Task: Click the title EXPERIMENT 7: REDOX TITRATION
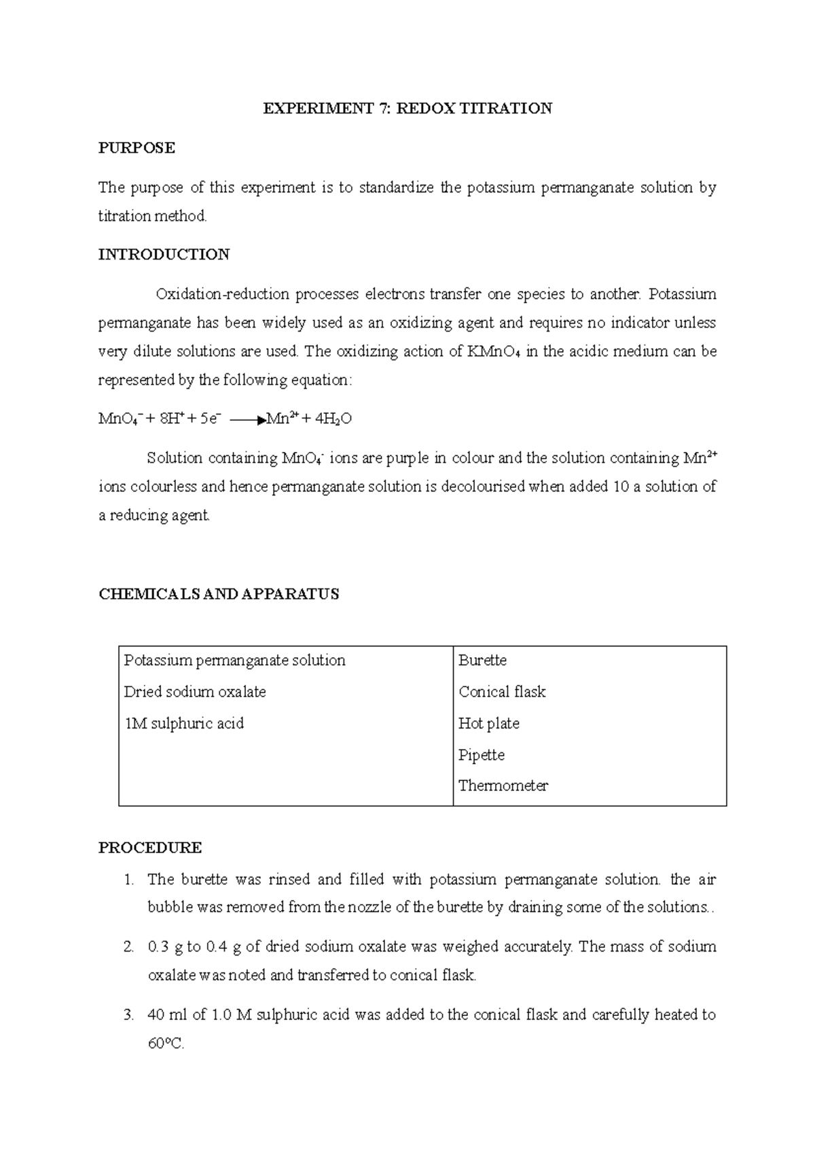click(407, 109)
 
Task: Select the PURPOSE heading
click(137, 148)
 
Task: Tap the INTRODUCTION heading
click(164, 255)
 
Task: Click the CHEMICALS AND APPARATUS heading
click(218, 594)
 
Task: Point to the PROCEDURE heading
click(150, 847)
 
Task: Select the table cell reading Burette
click(482, 661)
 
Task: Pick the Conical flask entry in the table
click(502, 692)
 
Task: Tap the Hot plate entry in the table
click(488, 724)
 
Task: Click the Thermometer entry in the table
click(503, 786)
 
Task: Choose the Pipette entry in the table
click(481, 755)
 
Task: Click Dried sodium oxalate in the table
click(195, 692)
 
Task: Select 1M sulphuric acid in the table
click(183, 724)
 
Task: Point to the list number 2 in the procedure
click(128, 947)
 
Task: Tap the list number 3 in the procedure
click(128, 1015)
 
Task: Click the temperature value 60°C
click(166, 1044)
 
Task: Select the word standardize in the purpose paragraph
click(396, 188)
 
